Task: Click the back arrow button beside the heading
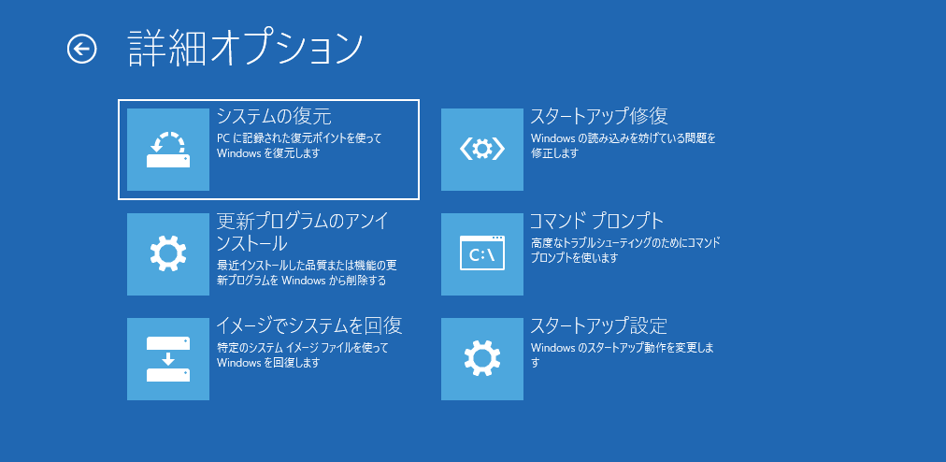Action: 82,49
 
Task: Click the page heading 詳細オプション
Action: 245,49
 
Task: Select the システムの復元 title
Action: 274,117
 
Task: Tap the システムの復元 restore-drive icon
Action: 168,150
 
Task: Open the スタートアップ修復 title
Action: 599,117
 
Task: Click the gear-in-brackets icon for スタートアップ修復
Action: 482,150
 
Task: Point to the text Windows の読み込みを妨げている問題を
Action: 623,138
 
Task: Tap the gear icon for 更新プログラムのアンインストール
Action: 168,254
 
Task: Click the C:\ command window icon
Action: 482,254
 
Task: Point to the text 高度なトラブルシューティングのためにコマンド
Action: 625,243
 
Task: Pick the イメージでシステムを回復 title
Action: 309,326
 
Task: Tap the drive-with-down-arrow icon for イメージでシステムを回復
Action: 168,359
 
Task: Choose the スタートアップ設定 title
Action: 599,326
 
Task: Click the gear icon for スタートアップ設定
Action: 482,359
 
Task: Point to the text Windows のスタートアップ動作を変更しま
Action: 622,348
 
